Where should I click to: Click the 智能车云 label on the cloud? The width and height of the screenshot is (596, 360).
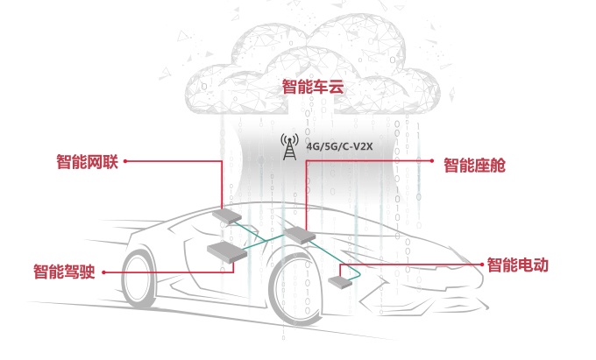pos(311,87)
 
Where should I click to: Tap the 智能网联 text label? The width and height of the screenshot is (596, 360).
pos(87,161)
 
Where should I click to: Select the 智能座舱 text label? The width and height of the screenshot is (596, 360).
pos(474,164)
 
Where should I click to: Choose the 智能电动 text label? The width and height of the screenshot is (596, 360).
pos(517,264)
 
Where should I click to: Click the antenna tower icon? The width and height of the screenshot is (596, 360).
pos(288,145)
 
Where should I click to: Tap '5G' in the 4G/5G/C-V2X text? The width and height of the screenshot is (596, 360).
pos(327,146)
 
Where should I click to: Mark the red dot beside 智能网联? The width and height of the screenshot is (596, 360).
pos(126,161)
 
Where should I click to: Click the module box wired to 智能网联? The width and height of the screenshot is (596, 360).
pos(231,215)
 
